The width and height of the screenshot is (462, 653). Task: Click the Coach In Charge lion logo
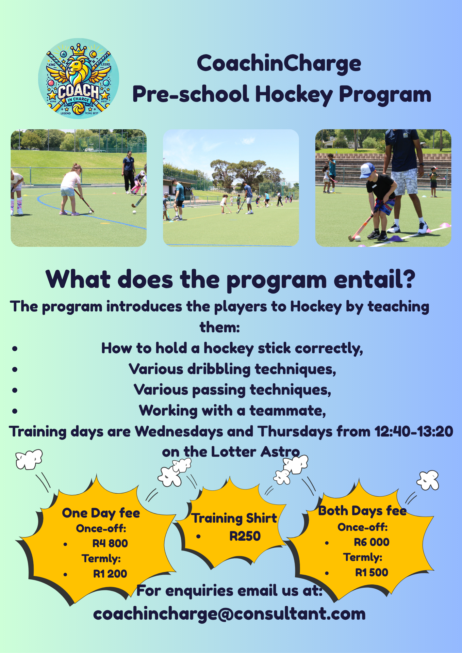[79, 79]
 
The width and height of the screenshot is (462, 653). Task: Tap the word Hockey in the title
[294, 95]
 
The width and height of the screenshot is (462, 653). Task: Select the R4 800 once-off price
[110, 543]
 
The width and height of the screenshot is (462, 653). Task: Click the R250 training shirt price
[245, 536]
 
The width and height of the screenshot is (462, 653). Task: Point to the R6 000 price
[371, 542]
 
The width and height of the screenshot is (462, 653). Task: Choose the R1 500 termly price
[371, 572]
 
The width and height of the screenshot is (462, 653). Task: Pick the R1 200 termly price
[110, 574]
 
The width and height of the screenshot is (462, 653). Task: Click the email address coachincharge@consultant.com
[229, 614]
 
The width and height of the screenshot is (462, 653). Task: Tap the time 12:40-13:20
[414, 431]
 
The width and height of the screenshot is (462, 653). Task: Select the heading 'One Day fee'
[101, 513]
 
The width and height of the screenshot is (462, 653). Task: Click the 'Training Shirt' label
[234, 518]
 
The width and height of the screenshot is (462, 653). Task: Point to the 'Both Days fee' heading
[362, 511]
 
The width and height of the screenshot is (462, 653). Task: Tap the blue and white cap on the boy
[367, 170]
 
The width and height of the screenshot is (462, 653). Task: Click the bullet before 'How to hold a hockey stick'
[15, 349]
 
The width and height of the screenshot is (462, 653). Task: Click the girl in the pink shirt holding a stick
[71, 189]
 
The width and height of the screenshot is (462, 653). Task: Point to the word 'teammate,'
[288, 411]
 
